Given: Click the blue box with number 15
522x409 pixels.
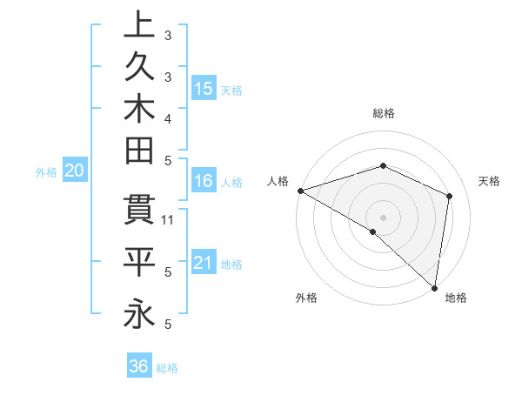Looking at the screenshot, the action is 204,88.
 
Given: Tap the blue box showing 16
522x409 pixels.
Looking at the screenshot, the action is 204,181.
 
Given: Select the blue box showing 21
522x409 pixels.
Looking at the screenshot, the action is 204,262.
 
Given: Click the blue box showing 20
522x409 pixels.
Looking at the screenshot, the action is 75,171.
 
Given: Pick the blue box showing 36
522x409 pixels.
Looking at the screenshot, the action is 139,366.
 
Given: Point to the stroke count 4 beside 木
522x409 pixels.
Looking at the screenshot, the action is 169,117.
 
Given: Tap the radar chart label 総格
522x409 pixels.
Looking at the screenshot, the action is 384,113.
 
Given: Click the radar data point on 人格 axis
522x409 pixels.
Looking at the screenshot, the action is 300,191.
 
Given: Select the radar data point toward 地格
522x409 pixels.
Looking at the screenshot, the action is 434,287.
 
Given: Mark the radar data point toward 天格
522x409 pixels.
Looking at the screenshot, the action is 450,196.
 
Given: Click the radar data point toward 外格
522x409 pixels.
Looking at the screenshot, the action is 373,231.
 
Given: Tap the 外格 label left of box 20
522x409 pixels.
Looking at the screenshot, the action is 46,172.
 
